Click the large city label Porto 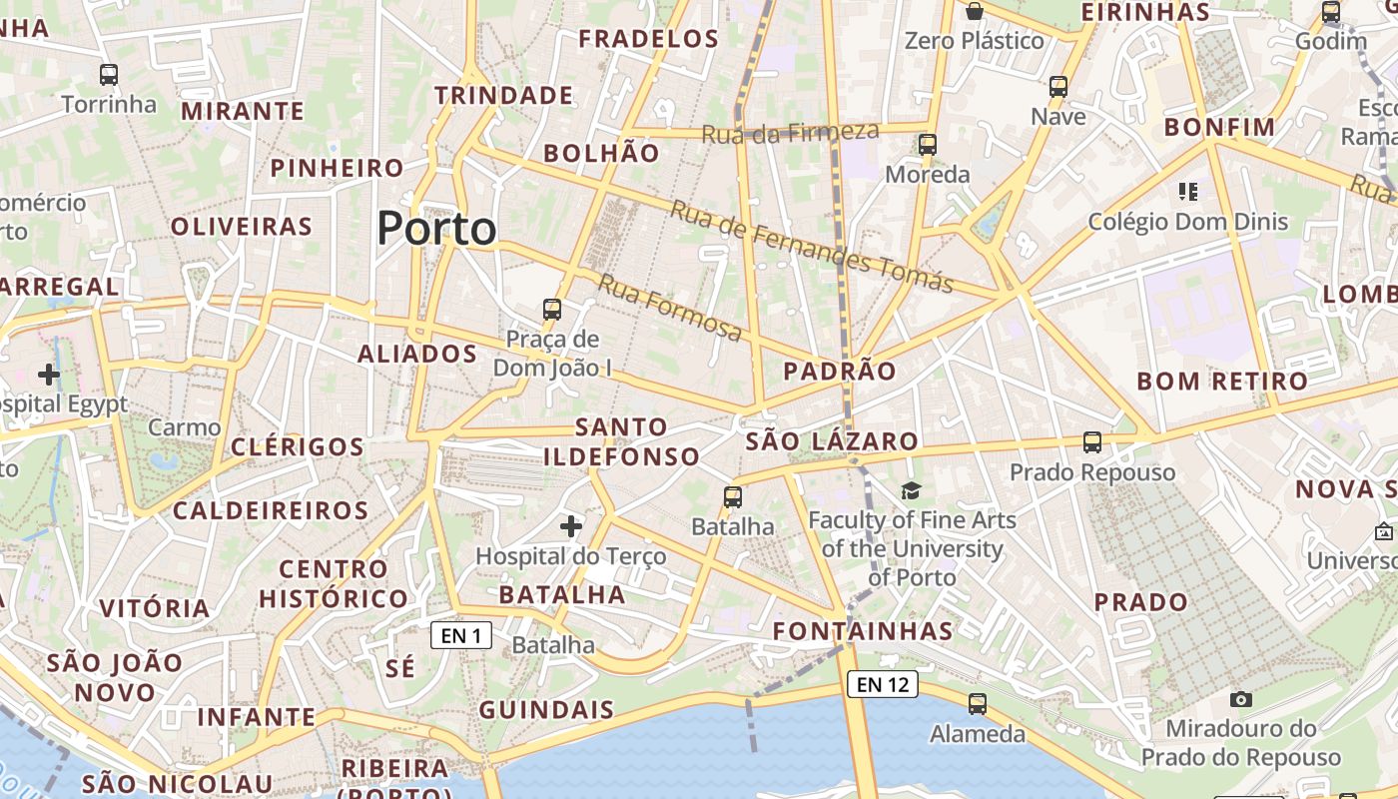(x=436, y=229)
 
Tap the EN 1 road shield (x=461, y=635)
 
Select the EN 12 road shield (x=883, y=684)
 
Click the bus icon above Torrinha (x=109, y=75)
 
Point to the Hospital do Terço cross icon (x=571, y=525)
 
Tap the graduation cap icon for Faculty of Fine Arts (x=911, y=490)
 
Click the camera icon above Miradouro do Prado (x=1241, y=699)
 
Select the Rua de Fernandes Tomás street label (x=811, y=246)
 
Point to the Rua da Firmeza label (x=790, y=132)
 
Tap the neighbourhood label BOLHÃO (x=601, y=153)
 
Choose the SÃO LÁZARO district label (x=832, y=440)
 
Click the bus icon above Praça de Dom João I (x=552, y=310)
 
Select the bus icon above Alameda (x=978, y=704)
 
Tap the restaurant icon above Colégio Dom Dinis (x=1187, y=191)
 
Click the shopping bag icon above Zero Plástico (x=974, y=11)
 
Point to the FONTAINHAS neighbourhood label (x=863, y=631)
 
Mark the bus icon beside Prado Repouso (x=1092, y=441)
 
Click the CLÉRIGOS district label (x=298, y=446)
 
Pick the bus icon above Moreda (x=928, y=145)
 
